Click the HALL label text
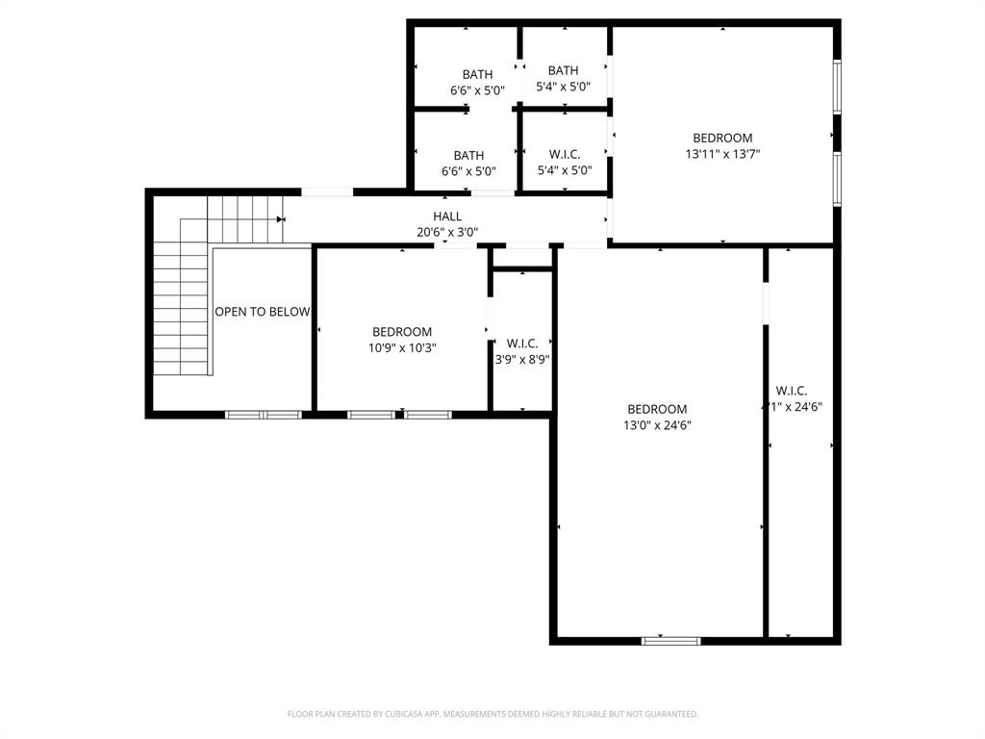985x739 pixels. (x=446, y=217)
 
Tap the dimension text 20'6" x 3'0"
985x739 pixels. (x=446, y=232)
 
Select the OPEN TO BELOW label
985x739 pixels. (x=262, y=312)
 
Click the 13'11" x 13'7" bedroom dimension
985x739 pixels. (x=722, y=153)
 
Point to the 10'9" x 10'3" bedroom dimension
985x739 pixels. (x=402, y=348)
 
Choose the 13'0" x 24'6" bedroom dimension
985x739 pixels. (x=657, y=424)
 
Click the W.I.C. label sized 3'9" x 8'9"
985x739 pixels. (x=522, y=344)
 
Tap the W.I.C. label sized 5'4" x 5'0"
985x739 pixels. (x=564, y=154)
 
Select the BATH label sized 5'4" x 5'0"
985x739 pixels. (x=563, y=70)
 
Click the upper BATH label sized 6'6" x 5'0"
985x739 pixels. (x=477, y=74)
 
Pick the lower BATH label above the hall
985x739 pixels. (x=468, y=155)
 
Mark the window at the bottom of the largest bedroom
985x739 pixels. (x=670, y=640)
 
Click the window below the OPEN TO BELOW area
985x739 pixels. (x=264, y=415)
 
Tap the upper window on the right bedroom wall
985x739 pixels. (x=837, y=87)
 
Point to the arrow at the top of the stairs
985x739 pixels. (x=281, y=219)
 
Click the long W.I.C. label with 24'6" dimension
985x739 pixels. (x=791, y=391)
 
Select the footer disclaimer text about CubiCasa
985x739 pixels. (x=492, y=714)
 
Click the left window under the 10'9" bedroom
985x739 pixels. (x=371, y=415)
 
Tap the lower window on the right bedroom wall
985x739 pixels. (x=837, y=178)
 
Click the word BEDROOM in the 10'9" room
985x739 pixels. (x=402, y=332)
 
